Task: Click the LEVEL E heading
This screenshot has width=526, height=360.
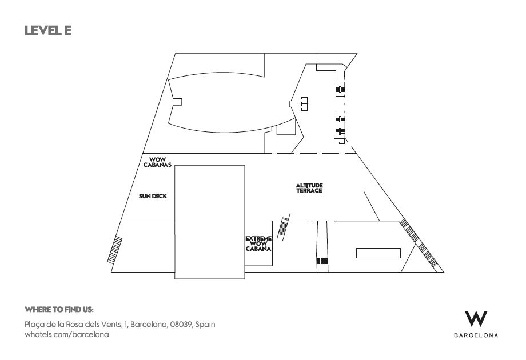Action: [48, 30]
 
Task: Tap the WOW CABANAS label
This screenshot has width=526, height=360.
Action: [157, 162]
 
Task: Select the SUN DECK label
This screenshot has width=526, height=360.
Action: [153, 196]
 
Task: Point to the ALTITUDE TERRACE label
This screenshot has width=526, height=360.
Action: [309, 187]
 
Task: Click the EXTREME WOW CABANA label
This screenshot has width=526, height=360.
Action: [258, 243]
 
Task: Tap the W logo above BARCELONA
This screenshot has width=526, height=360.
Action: [476, 318]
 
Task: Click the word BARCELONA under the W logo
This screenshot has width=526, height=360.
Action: [476, 335]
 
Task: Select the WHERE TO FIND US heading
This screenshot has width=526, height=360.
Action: [59, 309]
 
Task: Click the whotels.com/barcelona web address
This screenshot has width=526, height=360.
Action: [67, 334]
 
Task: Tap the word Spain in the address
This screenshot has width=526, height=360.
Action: [205, 325]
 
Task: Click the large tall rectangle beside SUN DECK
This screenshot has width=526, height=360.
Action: [210, 222]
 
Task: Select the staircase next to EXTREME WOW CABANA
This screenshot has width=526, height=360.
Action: [283, 227]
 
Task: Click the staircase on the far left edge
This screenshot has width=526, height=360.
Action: [115, 250]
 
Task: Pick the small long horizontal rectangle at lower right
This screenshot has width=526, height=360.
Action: [378, 253]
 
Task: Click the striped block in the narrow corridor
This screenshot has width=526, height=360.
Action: [322, 261]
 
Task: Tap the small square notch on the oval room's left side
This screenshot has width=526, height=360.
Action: [177, 102]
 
